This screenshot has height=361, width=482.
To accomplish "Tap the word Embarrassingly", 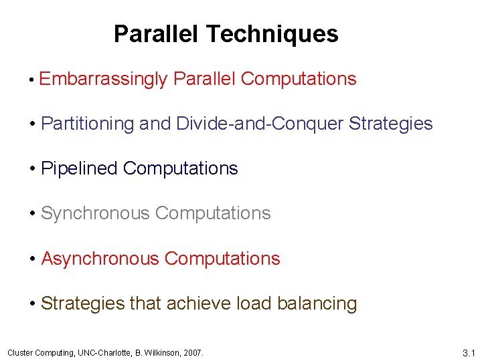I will coord(103,79).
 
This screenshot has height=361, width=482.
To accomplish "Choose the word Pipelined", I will coord(80,168).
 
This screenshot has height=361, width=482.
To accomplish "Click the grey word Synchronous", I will coord(96,213).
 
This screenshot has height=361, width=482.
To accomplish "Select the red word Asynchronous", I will coord(100,258).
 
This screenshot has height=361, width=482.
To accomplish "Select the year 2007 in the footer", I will coord(193,352).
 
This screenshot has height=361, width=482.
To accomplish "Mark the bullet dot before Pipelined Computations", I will coord(32,169).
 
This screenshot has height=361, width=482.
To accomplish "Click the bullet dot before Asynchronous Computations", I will coord(32,259).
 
